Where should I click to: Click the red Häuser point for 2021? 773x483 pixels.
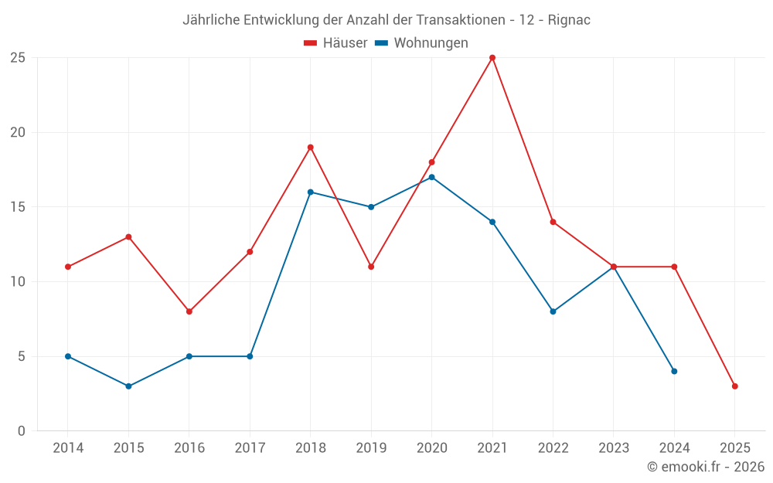[x=492, y=58]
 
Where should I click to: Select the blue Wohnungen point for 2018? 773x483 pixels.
[x=311, y=192]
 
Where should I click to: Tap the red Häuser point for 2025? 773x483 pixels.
[x=734, y=386]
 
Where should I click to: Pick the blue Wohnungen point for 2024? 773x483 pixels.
[x=674, y=372]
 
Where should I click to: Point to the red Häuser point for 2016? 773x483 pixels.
[x=189, y=311]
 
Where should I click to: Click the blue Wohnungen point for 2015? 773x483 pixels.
[x=128, y=386]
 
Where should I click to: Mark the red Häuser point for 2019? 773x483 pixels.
[x=371, y=267]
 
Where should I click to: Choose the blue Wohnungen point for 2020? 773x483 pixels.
[x=431, y=177]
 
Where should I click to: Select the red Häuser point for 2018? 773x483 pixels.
[x=311, y=148]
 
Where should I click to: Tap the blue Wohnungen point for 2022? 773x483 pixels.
[x=553, y=311]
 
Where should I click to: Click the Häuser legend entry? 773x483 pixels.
[x=335, y=43]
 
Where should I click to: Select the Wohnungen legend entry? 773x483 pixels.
[x=422, y=43]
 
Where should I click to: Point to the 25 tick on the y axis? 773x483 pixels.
[x=18, y=58]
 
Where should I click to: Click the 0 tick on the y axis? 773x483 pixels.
[x=22, y=431]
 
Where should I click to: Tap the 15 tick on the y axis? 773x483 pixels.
[x=18, y=207]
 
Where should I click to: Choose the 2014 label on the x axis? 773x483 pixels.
[x=67, y=448]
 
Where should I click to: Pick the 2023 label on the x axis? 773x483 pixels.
[x=614, y=448]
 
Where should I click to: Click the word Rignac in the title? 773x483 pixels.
[x=569, y=20]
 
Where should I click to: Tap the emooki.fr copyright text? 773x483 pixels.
[x=706, y=467]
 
